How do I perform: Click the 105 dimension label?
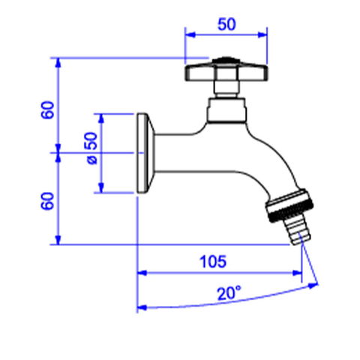click(x=213, y=262)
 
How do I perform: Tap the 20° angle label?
click(x=229, y=293)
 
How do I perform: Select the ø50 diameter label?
click(x=91, y=148)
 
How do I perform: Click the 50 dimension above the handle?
click(x=226, y=25)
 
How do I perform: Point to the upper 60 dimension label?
click(x=48, y=109)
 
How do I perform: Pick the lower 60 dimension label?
click(x=48, y=201)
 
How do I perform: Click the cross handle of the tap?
click(x=226, y=72)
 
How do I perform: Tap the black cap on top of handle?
click(x=226, y=60)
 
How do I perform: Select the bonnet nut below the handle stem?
click(x=226, y=110)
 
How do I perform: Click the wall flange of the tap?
click(x=145, y=153)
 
